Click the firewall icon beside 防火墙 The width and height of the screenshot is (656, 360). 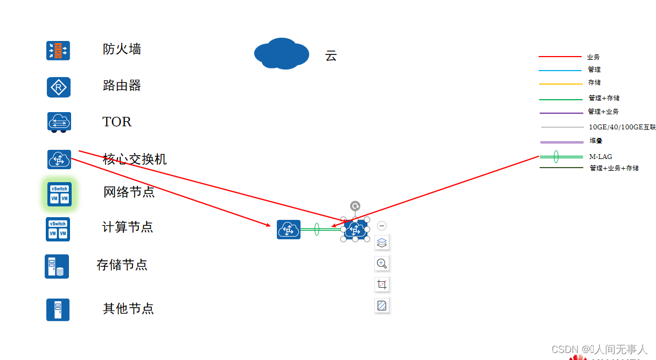(x=58, y=51)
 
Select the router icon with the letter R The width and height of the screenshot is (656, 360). (x=58, y=87)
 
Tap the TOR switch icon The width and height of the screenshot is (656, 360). (x=59, y=122)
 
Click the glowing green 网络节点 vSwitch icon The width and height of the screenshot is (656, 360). (x=59, y=194)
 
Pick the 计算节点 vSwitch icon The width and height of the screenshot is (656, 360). (x=58, y=229)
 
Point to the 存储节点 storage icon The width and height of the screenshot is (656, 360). (x=57, y=266)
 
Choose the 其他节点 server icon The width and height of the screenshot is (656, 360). (x=58, y=310)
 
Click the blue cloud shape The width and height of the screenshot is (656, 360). (x=281, y=53)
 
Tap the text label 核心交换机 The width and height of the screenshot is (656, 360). (x=135, y=160)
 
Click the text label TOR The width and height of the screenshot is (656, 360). (x=117, y=122)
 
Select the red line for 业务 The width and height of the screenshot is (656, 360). (x=560, y=57)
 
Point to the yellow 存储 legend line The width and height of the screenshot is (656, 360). (x=560, y=84)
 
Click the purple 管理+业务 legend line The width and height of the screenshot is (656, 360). (x=560, y=113)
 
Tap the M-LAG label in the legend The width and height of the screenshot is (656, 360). (x=601, y=157)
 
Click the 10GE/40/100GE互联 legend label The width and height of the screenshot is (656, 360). (x=622, y=127)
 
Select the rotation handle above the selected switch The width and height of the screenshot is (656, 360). (x=355, y=206)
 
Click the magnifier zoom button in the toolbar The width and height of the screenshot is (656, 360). (x=382, y=264)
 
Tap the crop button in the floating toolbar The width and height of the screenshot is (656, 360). (x=382, y=285)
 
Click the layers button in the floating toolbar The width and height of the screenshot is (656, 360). (x=382, y=243)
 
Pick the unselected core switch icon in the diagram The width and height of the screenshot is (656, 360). (x=289, y=230)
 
